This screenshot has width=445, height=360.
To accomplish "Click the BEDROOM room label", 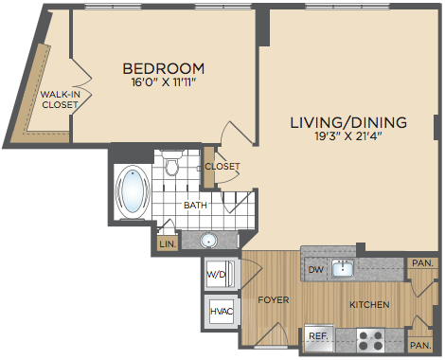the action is pos(164,68).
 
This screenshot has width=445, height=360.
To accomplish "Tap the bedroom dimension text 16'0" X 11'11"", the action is pos(164,82).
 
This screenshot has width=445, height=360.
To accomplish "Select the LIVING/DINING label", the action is pos(348,122).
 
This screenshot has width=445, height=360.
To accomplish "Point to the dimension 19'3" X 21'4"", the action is pos(348,136).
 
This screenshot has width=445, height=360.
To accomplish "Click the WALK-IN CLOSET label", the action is pos(60,99).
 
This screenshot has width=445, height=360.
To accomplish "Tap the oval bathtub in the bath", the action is pos(133,191).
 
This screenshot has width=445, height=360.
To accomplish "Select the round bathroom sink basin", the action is pos(208,241).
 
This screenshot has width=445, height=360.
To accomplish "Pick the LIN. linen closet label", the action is pos(168,244).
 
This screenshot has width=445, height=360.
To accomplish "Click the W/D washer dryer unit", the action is pos(221,274).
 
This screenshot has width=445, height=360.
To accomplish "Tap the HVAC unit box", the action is pos(222,312).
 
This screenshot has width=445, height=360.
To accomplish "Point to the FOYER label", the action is pos(274,299).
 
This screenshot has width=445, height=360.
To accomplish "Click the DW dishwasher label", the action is pos(316,269).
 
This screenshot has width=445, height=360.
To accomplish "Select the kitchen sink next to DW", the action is pos(343,269).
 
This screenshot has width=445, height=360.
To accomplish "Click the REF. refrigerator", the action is pos(319,338).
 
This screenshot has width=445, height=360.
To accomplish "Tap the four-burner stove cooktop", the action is pos(371,340).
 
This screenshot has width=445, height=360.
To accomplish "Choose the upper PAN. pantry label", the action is pos(422,263).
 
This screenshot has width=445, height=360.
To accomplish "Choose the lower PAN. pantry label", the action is pos(420,345).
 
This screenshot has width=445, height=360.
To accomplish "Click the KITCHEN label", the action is pos(369,305).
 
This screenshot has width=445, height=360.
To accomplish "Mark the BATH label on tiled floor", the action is pos(195,206).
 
